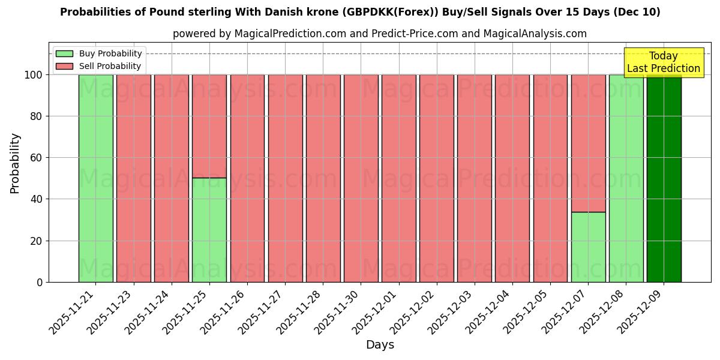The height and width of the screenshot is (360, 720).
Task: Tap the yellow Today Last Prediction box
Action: [663, 62]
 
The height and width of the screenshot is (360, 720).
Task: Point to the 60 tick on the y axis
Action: [37, 158]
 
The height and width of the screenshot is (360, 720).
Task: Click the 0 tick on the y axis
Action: [40, 282]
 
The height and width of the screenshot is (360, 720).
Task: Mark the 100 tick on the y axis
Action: [34, 75]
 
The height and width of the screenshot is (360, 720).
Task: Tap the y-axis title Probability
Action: [15, 163]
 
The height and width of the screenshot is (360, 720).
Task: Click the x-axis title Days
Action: [380, 345]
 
